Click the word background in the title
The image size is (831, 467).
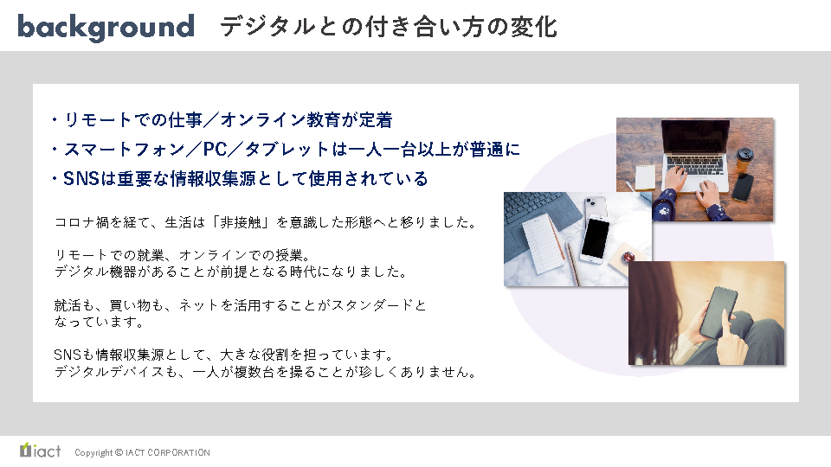coord(106,27)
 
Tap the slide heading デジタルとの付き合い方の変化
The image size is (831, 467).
coord(389,27)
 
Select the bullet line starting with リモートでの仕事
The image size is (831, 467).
coord(222,120)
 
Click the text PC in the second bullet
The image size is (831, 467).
coord(216,150)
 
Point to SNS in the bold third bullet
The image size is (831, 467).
coord(81,179)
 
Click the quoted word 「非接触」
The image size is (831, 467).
coord(242,222)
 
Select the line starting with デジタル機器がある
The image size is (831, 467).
coord(232,272)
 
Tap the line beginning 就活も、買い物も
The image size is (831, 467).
coord(240,305)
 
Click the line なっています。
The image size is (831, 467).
coord(99,322)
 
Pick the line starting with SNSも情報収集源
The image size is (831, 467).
coord(223,355)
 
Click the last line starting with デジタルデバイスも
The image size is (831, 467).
coord(265,372)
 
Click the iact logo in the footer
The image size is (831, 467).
coord(41,451)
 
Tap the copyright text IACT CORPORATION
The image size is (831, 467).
coord(167,452)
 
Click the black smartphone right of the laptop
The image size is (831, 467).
coord(743,187)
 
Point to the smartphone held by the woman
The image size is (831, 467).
coord(718,313)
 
